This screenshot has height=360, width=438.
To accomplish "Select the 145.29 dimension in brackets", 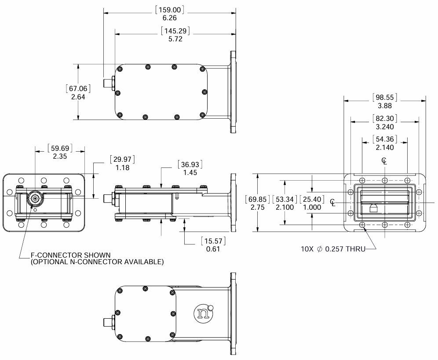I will (175, 31).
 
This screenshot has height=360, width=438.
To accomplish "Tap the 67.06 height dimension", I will (78, 89).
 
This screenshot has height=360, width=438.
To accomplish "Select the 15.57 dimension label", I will (213, 242).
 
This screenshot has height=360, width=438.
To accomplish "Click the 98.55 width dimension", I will (385, 97).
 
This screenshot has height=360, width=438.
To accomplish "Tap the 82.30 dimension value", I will (385, 118).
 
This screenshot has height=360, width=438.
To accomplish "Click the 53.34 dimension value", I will (284, 200).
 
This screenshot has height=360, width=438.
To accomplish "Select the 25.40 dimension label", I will (311, 200).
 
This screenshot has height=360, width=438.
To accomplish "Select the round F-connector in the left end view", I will (34, 199).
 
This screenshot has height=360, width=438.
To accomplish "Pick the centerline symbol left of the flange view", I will (334, 202).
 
